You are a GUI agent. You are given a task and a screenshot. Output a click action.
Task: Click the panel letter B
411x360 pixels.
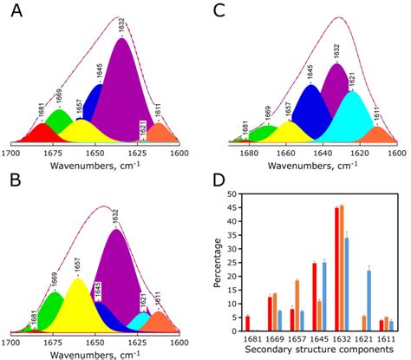click(x=15, y=190)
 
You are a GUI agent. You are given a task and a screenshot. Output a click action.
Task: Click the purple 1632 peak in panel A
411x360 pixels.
click(x=121, y=95)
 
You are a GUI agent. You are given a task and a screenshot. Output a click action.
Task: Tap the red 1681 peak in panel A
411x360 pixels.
click(x=39, y=134)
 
